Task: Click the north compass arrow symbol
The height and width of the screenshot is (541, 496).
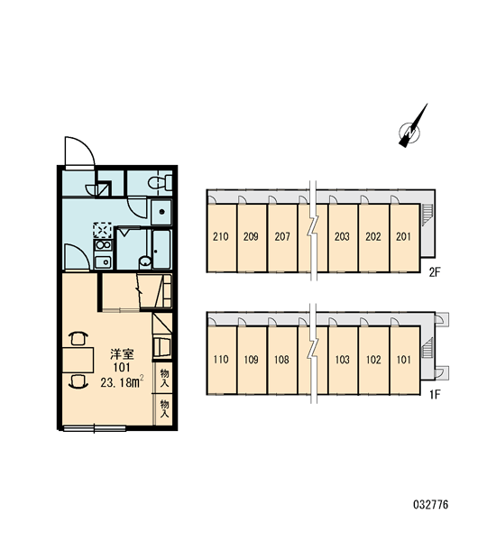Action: click(x=412, y=127)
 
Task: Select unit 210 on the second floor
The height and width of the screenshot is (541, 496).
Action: click(x=222, y=238)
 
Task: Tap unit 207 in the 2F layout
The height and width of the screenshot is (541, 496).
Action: click(x=282, y=238)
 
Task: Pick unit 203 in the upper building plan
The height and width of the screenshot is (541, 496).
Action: click(x=343, y=238)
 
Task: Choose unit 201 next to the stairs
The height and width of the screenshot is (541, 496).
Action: click(x=405, y=238)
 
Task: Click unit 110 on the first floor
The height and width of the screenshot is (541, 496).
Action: click(x=222, y=360)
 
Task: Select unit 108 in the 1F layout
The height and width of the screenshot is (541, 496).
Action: click(x=282, y=360)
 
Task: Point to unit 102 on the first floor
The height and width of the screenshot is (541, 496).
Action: click(x=374, y=360)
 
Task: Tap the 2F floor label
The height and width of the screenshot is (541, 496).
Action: click(x=435, y=273)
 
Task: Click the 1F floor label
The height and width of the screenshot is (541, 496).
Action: click(x=435, y=395)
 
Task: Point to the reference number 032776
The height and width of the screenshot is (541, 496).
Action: click(x=431, y=505)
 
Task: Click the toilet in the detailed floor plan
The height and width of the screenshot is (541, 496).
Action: click(x=160, y=182)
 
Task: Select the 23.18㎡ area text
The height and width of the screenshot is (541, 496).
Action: click(x=122, y=382)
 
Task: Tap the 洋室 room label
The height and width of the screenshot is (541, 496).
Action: click(x=122, y=354)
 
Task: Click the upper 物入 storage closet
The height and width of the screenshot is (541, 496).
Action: click(x=165, y=378)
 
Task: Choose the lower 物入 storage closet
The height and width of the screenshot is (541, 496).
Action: click(x=165, y=409)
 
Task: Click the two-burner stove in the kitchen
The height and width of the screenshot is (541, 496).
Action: click(x=103, y=245)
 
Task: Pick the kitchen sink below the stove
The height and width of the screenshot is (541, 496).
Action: click(x=103, y=262)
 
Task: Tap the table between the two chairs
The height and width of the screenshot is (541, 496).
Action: click(x=78, y=360)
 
